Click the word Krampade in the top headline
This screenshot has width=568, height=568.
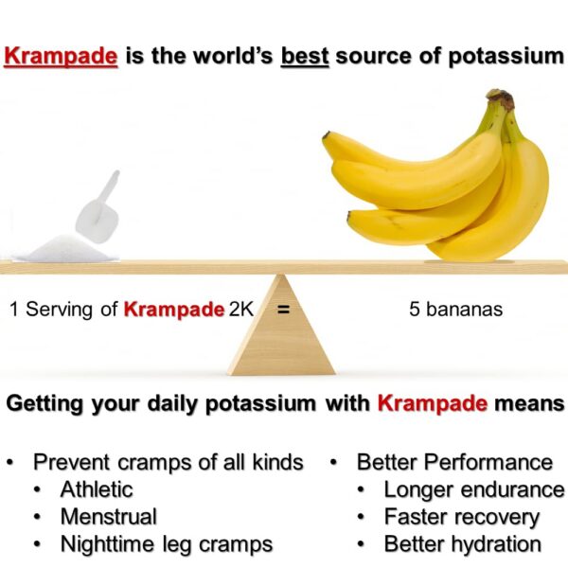point(61,56)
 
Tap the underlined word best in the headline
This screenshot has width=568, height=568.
point(306,56)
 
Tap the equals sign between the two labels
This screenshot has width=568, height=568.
point(282,309)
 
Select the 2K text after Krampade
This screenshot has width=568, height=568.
point(241,309)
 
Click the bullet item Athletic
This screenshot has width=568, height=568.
point(97,489)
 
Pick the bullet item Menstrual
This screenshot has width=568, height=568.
point(108,517)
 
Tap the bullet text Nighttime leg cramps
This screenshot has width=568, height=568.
point(167,544)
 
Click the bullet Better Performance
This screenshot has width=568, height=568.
point(454,462)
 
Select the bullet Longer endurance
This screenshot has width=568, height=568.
point(473,489)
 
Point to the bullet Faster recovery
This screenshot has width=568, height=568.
point(461,517)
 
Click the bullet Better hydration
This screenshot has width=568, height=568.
point(462,544)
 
